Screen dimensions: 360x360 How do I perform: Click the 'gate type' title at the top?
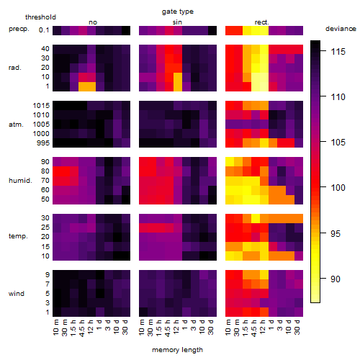pos(178,12)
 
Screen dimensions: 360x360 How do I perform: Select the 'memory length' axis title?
pos(177,350)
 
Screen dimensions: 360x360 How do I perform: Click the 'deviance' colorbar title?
pos(341,29)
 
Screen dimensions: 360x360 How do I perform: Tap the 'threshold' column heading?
pos(40,17)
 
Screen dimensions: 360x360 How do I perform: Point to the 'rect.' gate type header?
pos(261,22)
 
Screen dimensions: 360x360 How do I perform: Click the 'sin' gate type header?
pos(177,22)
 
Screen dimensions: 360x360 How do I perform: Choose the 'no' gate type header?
pos(93,22)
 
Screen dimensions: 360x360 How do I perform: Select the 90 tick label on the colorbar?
pos(336,279)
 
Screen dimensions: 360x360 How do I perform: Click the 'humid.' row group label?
pos(20,181)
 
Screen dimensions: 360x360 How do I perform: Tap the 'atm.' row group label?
pos(16,125)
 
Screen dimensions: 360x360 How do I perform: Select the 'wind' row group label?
pos(17,294)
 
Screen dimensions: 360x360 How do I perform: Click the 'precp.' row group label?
pos(19,29)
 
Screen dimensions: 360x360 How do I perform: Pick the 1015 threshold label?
pos(41,106)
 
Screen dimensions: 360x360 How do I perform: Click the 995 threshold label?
pos(43,143)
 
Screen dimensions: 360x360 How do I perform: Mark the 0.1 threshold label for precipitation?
pos(44,30)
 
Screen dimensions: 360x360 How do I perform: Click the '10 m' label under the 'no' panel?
pos(55,328)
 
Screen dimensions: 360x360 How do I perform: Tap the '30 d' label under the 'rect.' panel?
pos(297,328)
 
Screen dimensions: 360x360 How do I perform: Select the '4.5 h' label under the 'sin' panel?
pos(168,328)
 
